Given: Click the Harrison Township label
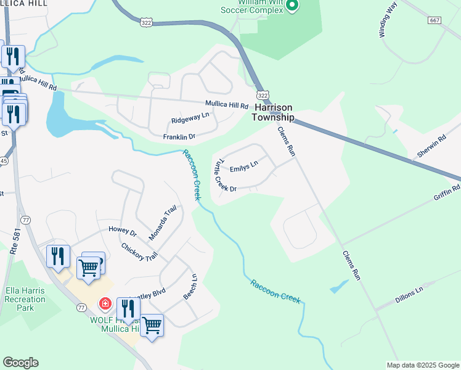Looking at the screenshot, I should [x=274, y=112].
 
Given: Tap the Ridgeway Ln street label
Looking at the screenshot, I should [x=190, y=115].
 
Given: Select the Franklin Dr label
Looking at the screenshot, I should [x=179, y=136].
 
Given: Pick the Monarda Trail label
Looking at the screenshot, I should [x=163, y=223].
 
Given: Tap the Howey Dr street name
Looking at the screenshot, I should [x=122, y=232].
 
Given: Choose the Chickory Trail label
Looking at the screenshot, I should [x=139, y=252].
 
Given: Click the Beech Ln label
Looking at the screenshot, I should [x=190, y=287].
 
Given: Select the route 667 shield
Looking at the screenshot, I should [x=435, y=20].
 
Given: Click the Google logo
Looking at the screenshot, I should [x=20, y=363].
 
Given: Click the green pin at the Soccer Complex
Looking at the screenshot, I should [x=293, y=6].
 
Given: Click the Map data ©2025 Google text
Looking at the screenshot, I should [x=422, y=365].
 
